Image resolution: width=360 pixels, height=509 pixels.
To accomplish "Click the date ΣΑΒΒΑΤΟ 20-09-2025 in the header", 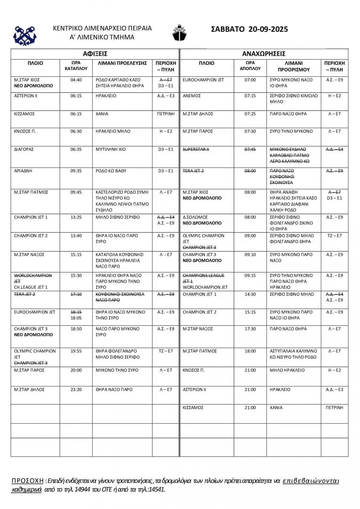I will (x=249, y=29).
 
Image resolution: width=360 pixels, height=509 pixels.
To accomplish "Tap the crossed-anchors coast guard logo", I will (x=25, y=35).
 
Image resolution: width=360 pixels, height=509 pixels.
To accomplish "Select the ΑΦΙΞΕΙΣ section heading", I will (x=95, y=54).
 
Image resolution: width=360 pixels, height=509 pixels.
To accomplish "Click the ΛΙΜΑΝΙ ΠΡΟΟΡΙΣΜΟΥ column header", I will (x=294, y=66).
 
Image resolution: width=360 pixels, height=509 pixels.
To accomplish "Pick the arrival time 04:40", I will (x=76, y=80).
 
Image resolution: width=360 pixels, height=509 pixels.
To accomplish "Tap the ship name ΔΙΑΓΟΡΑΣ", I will (x=24, y=149).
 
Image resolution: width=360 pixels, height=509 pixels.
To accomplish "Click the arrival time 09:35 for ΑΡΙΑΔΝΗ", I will (x=76, y=171).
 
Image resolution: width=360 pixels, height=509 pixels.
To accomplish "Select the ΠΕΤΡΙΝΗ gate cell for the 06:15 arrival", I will (x=166, y=114).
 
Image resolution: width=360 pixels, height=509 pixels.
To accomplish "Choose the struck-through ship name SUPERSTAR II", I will (x=196, y=149).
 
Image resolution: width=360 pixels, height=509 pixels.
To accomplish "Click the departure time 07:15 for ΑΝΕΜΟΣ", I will (x=250, y=96).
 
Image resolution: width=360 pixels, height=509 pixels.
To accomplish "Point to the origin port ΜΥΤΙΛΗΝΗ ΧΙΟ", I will (x=111, y=149).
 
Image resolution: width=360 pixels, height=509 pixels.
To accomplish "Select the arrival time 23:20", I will (x=76, y=389).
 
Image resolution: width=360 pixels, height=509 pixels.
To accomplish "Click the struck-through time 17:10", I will (x=76, y=294).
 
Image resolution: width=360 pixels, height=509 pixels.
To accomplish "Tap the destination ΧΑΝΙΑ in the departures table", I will (x=276, y=407).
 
